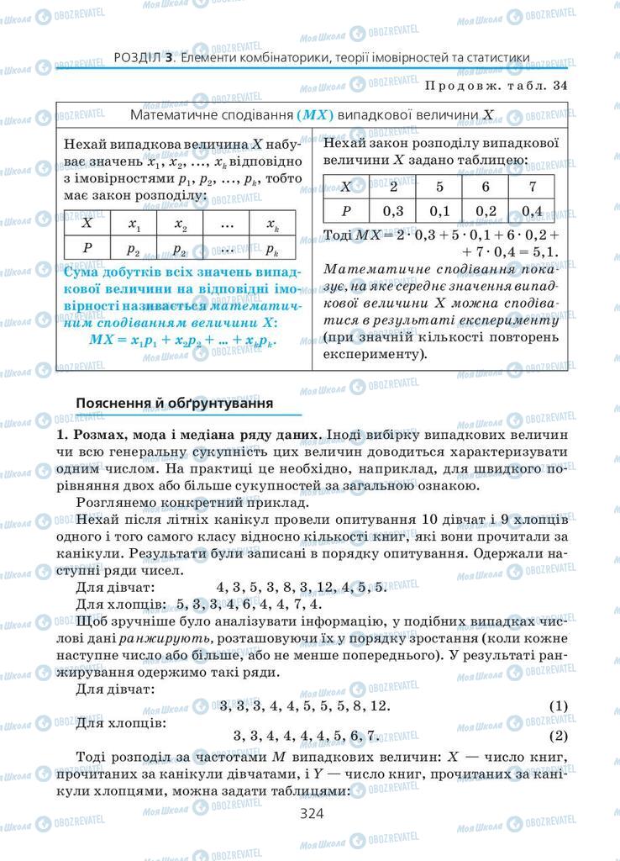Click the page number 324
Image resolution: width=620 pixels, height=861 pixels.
point(311,812)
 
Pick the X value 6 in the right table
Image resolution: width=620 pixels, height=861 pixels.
point(485,187)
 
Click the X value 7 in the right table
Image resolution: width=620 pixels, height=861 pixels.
point(532,187)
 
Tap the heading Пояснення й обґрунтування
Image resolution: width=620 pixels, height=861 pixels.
point(175,403)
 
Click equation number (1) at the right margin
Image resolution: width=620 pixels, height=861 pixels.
point(558,706)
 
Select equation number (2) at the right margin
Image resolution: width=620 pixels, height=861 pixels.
point(558,737)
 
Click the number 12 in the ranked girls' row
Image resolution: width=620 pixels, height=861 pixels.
point(380,706)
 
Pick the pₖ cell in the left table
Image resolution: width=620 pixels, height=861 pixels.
point(272,249)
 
